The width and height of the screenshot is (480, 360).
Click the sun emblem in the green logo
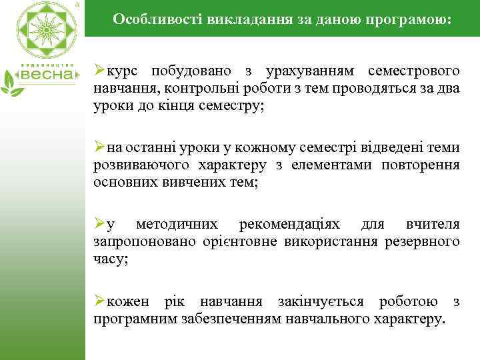(x=43, y=29)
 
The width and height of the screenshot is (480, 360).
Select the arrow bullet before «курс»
(x=99, y=70)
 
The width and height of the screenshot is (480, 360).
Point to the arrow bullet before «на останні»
(x=99, y=147)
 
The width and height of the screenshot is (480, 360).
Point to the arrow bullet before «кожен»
(x=99, y=301)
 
